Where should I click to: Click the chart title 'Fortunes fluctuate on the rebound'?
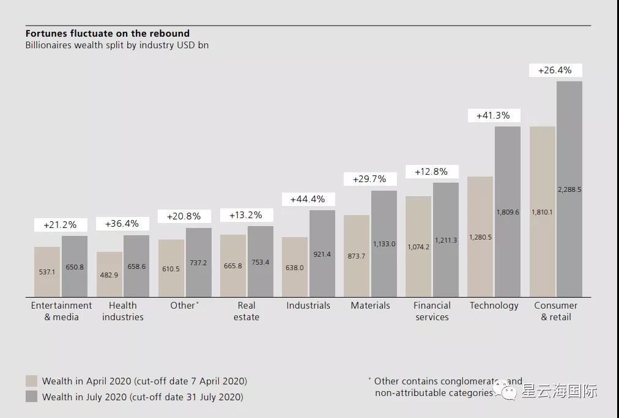click(x=108, y=34)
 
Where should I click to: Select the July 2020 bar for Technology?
click(x=508, y=211)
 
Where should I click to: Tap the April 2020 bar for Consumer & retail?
click(x=543, y=211)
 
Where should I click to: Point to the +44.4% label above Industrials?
click(x=308, y=199)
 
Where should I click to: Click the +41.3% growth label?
click(x=492, y=116)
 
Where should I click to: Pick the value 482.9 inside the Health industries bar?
click(x=109, y=275)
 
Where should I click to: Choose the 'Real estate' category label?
click(x=246, y=311)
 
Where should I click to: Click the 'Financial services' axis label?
click(x=432, y=311)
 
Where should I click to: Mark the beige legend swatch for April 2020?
click(x=31, y=381)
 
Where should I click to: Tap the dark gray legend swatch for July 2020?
click(x=31, y=397)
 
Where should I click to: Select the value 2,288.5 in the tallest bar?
click(x=569, y=189)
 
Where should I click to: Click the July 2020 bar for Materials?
click(x=384, y=243)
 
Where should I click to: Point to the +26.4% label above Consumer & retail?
click(x=555, y=70)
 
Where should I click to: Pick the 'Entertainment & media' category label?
click(x=61, y=311)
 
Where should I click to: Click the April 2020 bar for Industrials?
click(x=295, y=267)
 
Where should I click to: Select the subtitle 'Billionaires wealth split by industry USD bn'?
click(x=117, y=45)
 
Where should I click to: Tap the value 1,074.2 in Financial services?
click(x=418, y=247)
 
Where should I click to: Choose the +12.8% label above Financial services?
click(x=431, y=172)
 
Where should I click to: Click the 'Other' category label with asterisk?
click(x=184, y=306)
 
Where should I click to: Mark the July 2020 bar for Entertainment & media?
click(x=75, y=266)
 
